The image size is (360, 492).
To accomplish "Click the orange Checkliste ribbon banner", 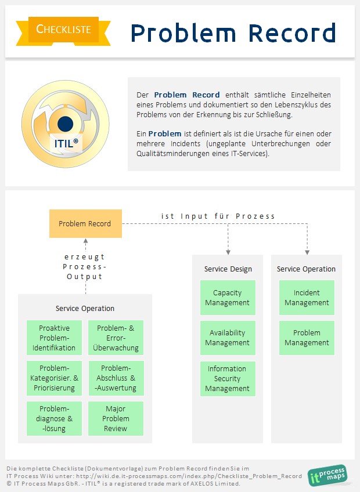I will tap(63, 29).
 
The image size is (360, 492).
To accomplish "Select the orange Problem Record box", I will tap(85, 223).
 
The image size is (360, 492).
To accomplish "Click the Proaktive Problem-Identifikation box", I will tap(57, 338).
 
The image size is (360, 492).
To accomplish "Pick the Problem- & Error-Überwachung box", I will tap(116, 338).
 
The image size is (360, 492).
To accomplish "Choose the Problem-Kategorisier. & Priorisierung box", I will tap(57, 378).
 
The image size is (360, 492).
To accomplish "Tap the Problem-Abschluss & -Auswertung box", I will tap(116, 378).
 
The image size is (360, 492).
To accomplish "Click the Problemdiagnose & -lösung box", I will tap(57, 418).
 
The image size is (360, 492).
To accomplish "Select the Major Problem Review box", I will tap(116, 418).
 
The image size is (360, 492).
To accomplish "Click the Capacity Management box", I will tap(227, 298).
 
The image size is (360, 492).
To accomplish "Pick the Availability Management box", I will tap(227, 338).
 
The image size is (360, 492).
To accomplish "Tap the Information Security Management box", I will tap(227, 378).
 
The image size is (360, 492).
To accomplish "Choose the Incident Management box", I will tap(307, 298).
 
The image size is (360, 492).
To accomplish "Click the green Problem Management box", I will tap(307, 338).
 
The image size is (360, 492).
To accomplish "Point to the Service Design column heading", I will tap(228, 269).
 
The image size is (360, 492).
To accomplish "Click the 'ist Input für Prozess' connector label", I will tap(218, 216).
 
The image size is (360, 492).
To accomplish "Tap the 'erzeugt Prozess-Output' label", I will tap(85, 266).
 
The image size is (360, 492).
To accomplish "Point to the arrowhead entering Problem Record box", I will tap(85, 241).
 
